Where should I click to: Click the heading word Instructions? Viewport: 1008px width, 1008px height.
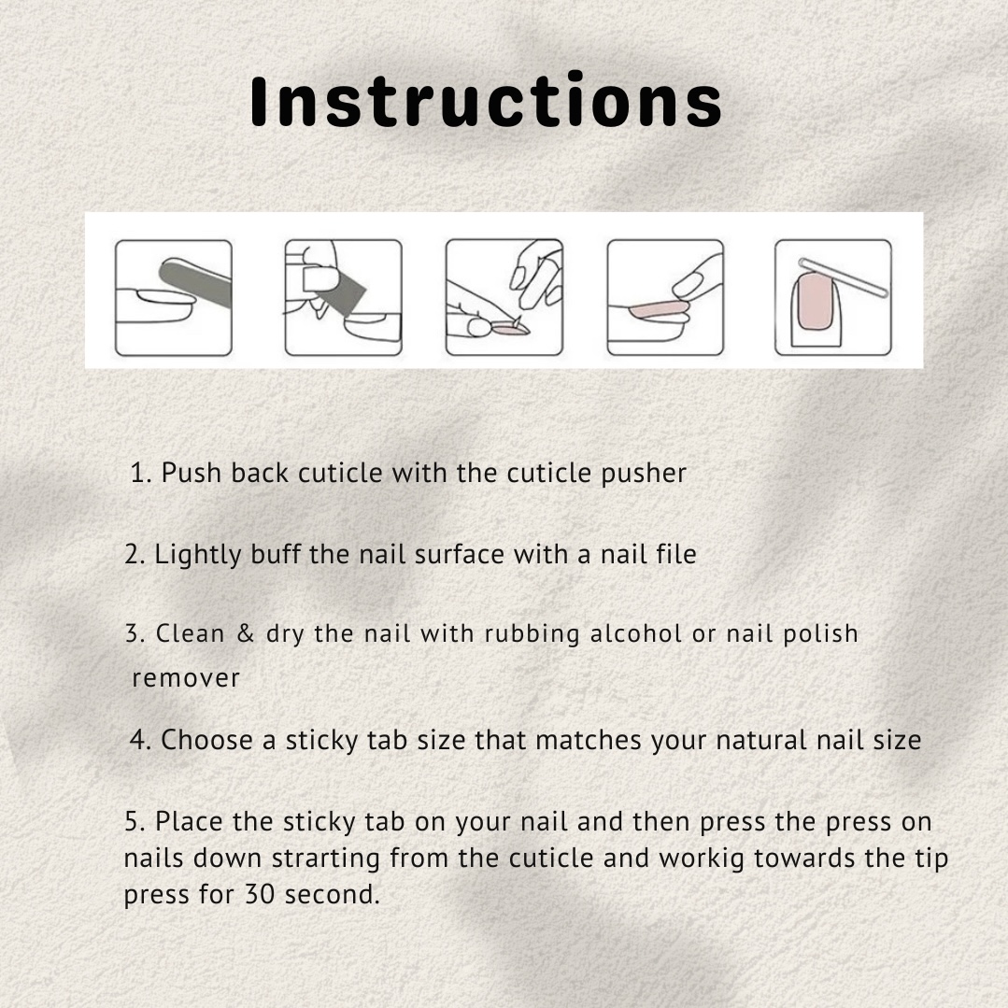(x=486, y=100)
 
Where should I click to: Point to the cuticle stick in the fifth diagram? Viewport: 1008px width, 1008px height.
(x=843, y=277)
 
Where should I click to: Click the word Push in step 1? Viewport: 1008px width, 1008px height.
(x=192, y=473)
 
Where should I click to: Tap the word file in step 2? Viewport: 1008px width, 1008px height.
(x=675, y=554)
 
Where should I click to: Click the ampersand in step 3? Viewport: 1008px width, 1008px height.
(x=246, y=633)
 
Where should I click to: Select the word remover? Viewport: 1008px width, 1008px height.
(x=186, y=678)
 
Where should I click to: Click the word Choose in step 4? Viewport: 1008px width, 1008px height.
(x=206, y=740)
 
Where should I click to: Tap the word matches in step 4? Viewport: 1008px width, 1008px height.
(x=589, y=740)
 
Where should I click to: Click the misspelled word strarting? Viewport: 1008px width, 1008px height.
(x=326, y=859)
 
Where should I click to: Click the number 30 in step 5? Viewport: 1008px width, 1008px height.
(x=260, y=894)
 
